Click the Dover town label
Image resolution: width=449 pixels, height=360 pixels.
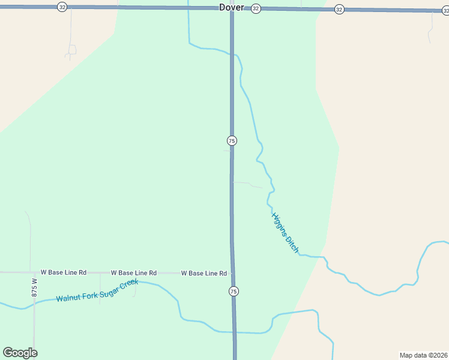[231, 7]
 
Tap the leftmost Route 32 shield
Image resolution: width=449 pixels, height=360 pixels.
[62, 7]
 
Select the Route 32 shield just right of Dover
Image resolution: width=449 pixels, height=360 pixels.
[256, 8]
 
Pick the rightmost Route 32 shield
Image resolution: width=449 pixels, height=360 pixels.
[339, 9]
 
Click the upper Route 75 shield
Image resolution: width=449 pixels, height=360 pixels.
[232, 140]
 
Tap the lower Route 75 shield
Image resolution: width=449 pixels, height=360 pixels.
[234, 291]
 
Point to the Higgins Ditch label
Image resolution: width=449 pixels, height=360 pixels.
[285, 232]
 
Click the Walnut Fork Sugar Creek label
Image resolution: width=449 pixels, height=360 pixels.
[97, 290]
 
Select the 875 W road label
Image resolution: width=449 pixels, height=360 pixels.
[34, 287]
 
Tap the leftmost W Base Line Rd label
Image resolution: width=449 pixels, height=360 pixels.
[64, 272]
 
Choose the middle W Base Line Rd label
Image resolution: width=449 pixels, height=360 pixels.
[134, 273]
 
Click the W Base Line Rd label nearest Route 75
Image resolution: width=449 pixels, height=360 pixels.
[204, 274]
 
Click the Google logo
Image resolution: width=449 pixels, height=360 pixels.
[20, 353]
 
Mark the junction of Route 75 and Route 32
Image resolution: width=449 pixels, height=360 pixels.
[232, 8]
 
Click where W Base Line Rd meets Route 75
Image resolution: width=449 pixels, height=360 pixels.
[232, 273]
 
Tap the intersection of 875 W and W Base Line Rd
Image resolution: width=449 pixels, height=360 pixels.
[34, 272]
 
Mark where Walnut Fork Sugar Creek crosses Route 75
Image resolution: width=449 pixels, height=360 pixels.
[234, 332]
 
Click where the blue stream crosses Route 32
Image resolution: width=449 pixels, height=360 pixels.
[188, 8]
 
